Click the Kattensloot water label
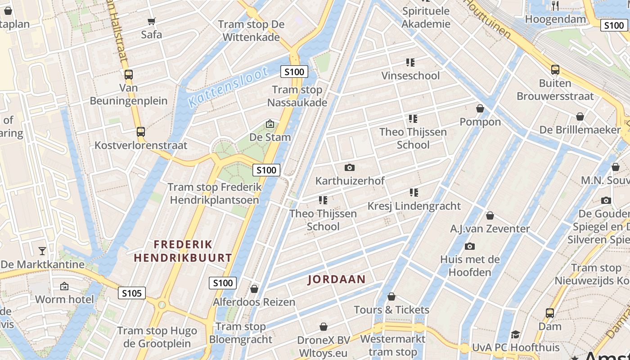229,87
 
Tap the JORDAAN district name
337,279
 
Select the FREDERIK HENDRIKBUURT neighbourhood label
183,251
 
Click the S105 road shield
132,293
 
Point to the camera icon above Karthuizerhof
350,168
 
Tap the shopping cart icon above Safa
152,21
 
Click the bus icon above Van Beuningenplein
129,75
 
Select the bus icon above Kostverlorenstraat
141,132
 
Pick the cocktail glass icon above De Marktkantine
42,251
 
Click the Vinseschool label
410,76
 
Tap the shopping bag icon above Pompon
480,108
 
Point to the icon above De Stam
270,124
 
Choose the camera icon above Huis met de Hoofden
470,246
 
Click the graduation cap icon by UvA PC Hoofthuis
515,334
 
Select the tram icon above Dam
550,313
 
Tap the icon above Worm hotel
64,286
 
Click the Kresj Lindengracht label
414,206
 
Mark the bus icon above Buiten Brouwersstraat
555,70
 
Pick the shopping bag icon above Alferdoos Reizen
254,289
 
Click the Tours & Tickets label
391,310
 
